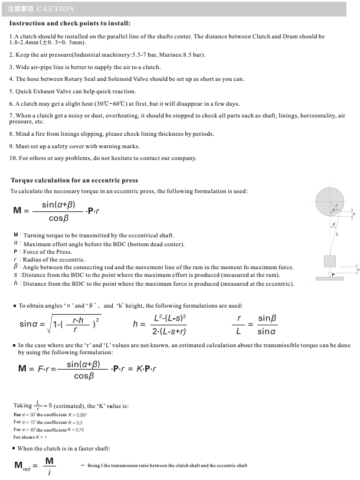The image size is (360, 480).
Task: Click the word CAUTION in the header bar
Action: [x=55, y=9]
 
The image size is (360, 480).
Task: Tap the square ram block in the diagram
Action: [x=330, y=261]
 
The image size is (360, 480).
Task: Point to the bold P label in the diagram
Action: [x=333, y=275]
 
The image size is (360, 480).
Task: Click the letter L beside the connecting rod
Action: [x=337, y=234]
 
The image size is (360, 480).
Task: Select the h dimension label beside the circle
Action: [x=354, y=214]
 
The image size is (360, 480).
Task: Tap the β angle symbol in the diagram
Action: [x=333, y=225]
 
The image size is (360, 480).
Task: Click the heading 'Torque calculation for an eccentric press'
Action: [x=74, y=180]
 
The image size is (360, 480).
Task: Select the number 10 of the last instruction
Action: [x=13, y=158]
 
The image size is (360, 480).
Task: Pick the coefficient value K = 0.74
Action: [x=76, y=430]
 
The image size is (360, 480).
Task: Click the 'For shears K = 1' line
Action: [x=30, y=437]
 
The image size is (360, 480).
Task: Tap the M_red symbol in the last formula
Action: [x=22, y=466]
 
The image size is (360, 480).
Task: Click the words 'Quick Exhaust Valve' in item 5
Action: [x=39, y=92]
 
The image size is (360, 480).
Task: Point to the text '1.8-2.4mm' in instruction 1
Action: [x=22, y=43]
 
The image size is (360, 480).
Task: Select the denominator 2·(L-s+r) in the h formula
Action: [x=169, y=331]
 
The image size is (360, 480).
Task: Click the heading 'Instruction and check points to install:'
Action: [x=70, y=24]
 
